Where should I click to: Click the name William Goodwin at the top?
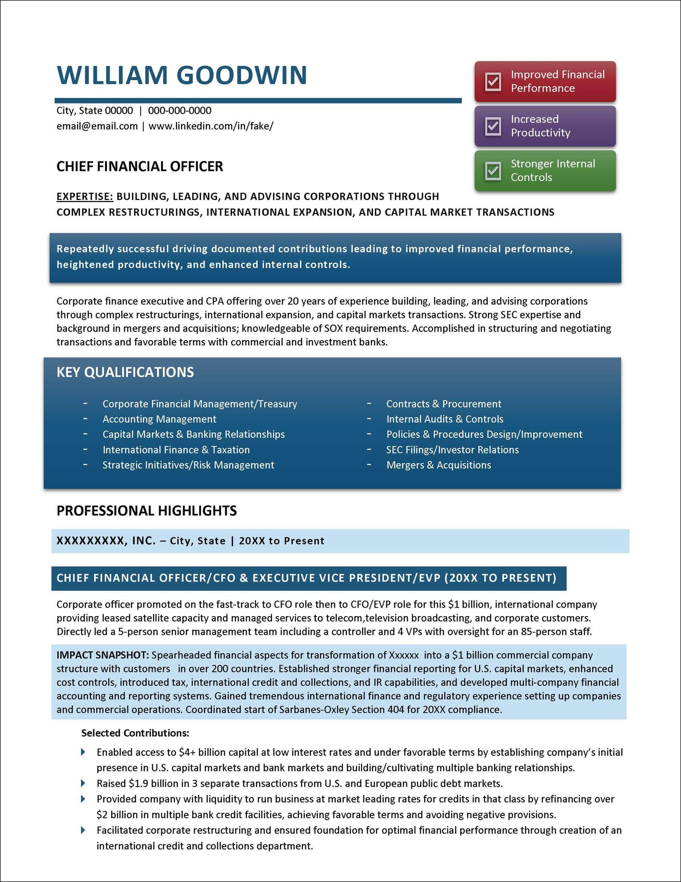click(x=182, y=75)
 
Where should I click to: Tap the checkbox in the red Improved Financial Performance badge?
click(x=493, y=81)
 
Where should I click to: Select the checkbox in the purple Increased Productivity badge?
click(x=493, y=126)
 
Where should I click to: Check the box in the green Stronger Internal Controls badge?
click(x=493, y=171)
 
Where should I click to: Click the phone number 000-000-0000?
click(x=179, y=111)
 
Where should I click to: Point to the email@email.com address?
click(x=97, y=126)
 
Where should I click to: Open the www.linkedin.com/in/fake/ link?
click(x=211, y=126)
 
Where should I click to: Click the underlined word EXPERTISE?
click(x=85, y=197)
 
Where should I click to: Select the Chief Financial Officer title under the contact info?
click(x=139, y=166)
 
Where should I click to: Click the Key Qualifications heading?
click(x=125, y=372)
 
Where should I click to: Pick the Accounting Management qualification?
click(x=159, y=419)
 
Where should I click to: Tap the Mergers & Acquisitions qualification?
click(x=439, y=465)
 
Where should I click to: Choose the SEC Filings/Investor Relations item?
click(x=452, y=450)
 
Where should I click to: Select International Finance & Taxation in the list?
click(x=176, y=450)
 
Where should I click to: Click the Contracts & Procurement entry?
click(x=443, y=404)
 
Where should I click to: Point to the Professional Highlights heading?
click(x=147, y=511)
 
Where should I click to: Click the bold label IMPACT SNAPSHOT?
click(x=103, y=655)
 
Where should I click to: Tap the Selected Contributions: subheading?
click(x=135, y=733)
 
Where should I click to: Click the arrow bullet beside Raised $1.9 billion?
click(x=83, y=783)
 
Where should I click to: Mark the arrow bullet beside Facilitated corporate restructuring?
click(x=83, y=830)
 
